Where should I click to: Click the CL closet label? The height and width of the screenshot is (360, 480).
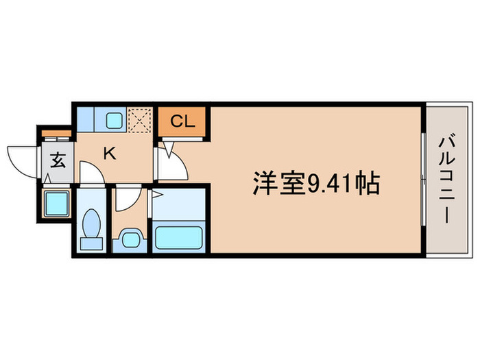[182, 121]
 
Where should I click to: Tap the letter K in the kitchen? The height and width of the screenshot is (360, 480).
[109, 153]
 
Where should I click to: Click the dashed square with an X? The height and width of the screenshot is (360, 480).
[140, 119]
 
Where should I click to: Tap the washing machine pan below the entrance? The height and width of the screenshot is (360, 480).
[56, 203]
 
